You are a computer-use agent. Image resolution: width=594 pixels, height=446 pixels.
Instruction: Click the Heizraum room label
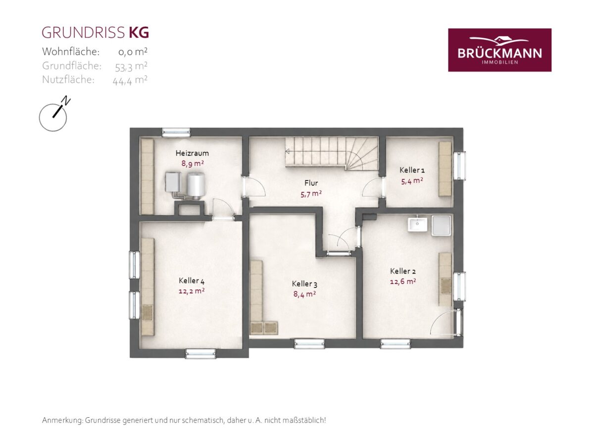pos(192,153)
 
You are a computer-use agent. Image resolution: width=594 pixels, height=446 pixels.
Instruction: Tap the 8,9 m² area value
pos(192,164)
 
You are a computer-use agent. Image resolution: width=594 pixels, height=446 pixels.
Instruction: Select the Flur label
pos(311,183)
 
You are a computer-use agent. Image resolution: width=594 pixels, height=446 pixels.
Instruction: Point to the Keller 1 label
pos(412,170)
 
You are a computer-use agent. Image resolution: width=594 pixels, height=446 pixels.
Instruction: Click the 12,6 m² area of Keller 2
pos(402,281)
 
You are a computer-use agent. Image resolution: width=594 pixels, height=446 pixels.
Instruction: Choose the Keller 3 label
pos(304,284)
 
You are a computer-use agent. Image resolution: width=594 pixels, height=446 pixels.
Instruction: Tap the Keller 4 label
pos(192,280)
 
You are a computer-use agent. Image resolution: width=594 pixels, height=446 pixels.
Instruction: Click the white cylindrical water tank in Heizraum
pos(197,186)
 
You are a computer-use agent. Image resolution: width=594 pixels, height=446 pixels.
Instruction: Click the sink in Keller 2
pos(417,224)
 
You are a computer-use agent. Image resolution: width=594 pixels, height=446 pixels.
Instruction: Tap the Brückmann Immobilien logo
pos(499,50)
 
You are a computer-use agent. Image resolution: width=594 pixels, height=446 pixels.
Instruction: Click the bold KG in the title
pos(139,33)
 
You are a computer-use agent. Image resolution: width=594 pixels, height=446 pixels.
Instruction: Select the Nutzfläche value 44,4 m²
pos(130,80)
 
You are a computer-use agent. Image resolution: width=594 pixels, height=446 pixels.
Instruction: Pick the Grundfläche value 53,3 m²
pos(131,66)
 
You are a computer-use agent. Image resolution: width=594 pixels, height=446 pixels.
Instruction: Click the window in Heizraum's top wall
pos(176,132)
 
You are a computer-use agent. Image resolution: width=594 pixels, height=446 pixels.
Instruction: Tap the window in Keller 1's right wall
pos(460,166)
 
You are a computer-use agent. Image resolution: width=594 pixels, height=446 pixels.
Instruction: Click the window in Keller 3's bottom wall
pos(309,343)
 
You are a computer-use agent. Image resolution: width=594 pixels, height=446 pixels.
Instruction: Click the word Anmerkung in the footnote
pos(62,421)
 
